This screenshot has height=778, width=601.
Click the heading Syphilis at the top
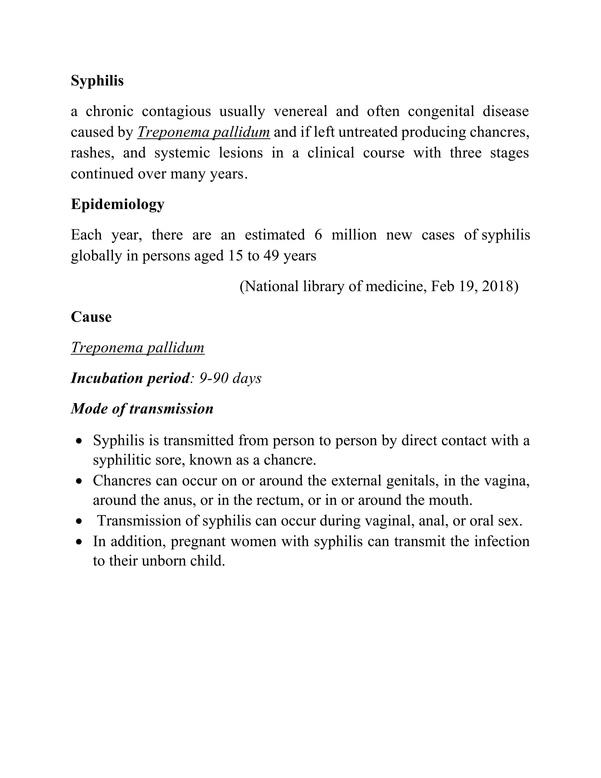click(97, 81)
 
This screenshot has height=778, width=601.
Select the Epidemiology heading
click(117, 204)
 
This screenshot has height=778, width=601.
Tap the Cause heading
click(91, 317)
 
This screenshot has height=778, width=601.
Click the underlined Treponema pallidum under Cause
click(137, 347)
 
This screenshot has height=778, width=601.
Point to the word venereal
click(300, 112)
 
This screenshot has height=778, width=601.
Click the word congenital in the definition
click(441, 112)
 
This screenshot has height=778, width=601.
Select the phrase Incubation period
click(130, 378)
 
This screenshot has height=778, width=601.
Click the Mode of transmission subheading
click(142, 409)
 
